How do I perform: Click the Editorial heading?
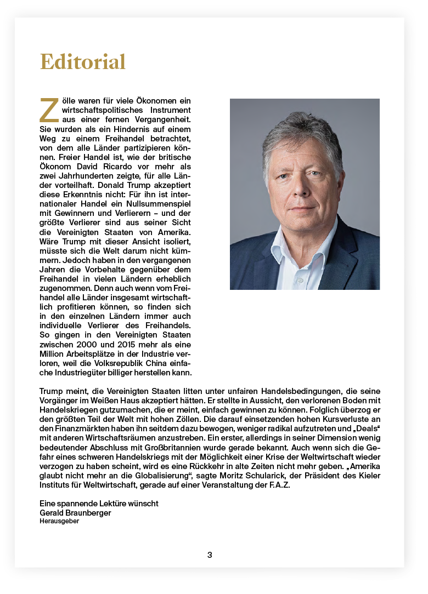(x=83, y=61)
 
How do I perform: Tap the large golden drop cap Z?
(x=49, y=110)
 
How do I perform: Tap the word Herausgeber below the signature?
(x=59, y=521)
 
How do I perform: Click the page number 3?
(x=210, y=555)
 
